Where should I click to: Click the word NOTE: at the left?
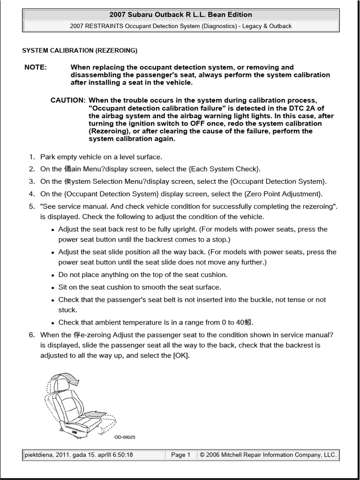tap(36, 67)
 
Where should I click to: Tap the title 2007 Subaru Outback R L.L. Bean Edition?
tap(180, 15)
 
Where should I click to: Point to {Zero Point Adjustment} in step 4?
tap(283, 194)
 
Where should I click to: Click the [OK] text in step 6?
tap(180, 355)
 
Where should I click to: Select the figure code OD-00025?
tap(125, 437)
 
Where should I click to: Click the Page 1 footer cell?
tap(180, 455)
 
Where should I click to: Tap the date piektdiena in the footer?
tap(39, 455)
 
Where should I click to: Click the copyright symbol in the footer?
tap(202, 455)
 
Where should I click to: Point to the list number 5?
tap(32, 206)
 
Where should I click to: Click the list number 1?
tap(32, 157)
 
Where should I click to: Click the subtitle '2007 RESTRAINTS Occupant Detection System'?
tap(180, 26)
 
